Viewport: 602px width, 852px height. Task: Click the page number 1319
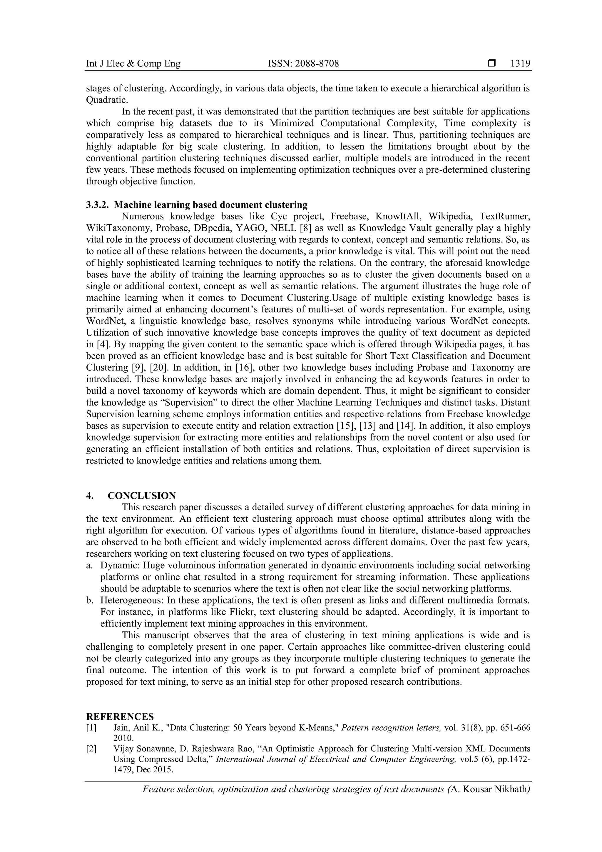point(520,64)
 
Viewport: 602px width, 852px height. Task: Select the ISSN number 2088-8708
point(316,64)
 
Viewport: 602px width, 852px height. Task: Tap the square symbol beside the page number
point(492,64)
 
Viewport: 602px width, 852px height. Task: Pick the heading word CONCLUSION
point(142,496)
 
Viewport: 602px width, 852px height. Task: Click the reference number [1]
point(91,728)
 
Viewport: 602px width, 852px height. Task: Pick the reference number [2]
point(91,749)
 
